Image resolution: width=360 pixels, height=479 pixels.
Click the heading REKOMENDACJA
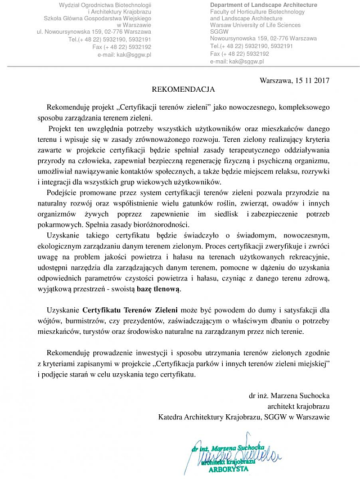[x=183, y=89]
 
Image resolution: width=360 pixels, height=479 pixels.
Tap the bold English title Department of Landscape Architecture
[x=263, y=5]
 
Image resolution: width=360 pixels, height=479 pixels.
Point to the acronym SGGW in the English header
[x=218, y=32]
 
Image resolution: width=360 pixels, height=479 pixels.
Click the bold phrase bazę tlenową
[x=159, y=288]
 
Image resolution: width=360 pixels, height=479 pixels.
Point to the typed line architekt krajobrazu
[x=298, y=406]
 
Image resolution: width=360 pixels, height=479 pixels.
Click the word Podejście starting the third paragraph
[x=64, y=193]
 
